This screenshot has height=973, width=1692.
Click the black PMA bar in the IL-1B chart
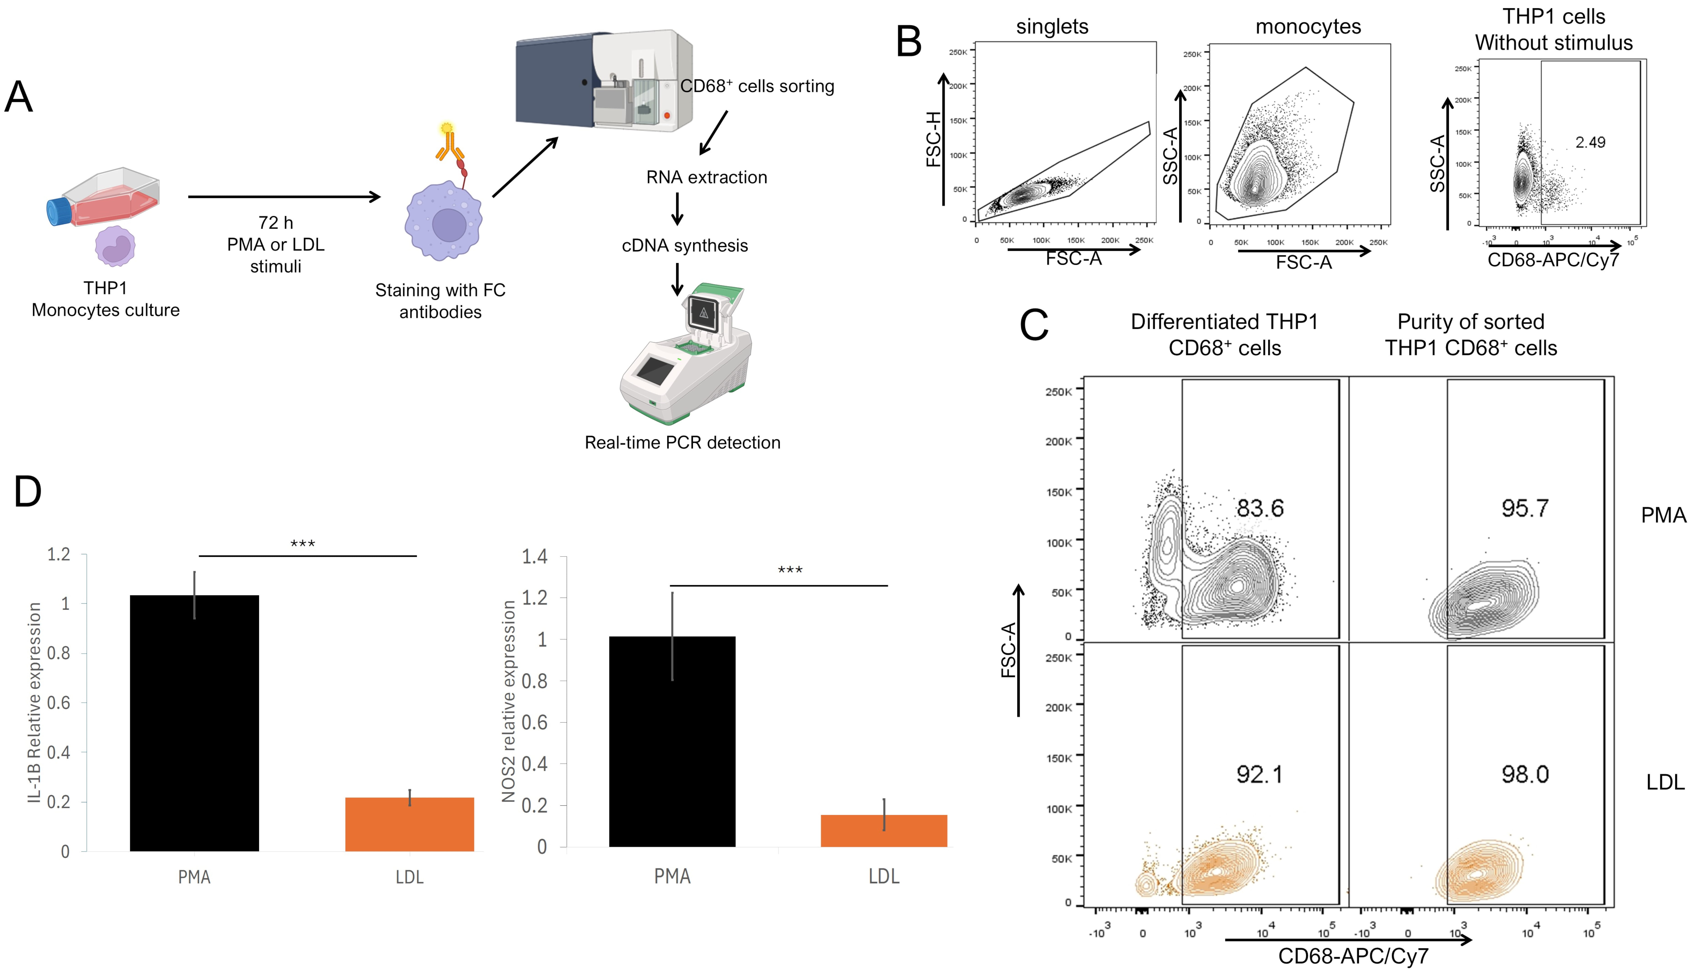[x=194, y=722]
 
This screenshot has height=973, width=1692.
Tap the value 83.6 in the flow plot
[x=1259, y=509]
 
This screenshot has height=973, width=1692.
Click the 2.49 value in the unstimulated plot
[x=1590, y=142]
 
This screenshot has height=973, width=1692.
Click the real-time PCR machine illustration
[x=685, y=354]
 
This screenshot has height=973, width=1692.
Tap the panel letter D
[x=28, y=492]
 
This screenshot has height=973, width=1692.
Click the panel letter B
[x=909, y=41]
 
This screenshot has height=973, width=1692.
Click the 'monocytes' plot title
[x=1308, y=27]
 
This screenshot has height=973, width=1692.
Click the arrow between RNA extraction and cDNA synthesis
[x=677, y=209]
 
